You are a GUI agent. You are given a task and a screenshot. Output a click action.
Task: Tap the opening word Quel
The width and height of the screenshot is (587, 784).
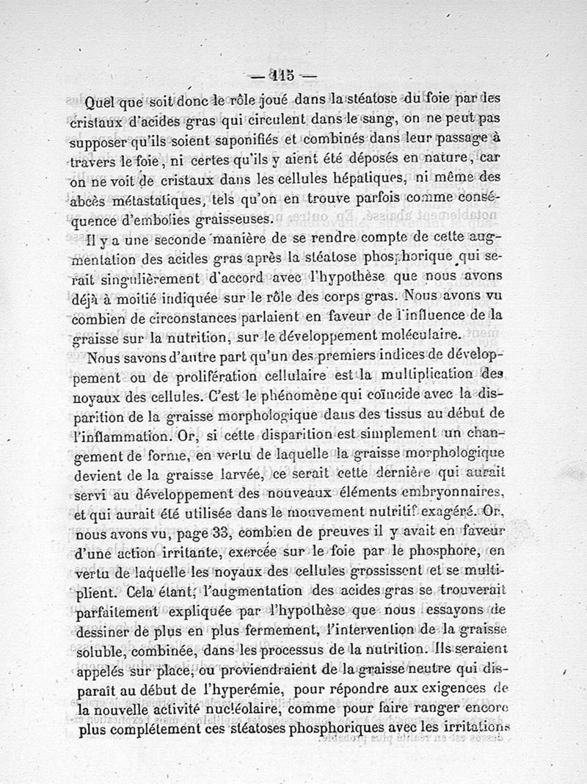pyautogui.click(x=103, y=101)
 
